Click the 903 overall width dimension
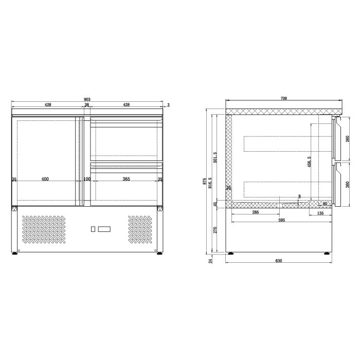[x=87, y=99]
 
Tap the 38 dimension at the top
[x=87, y=105]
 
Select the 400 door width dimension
[x=45, y=179]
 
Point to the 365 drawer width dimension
[x=126, y=179]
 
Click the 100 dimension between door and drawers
[x=87, y=179]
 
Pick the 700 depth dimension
[x=284, y=99]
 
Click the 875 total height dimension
[x=204, y=181]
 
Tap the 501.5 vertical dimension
[x=215, y=157]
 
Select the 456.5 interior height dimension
[x=309, y=162]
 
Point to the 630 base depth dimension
[x=279, y=261]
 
